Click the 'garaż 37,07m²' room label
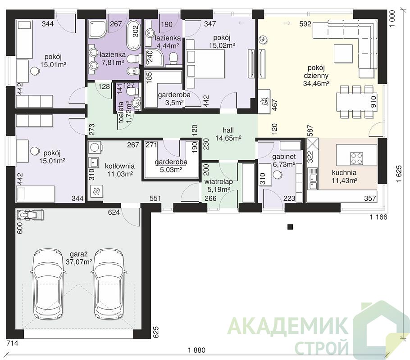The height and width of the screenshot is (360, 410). coord(79,258)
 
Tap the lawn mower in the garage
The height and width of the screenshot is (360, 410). coord(30,215)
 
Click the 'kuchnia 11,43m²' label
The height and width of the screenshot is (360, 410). coord(344,176)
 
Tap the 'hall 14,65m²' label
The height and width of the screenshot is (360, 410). coord(228,134)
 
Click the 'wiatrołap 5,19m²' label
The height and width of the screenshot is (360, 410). coord(219,185)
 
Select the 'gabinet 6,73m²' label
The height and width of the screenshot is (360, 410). coord(284,160)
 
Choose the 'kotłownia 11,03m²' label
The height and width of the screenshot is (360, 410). coord(120,170)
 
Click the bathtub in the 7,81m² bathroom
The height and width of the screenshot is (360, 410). coord(134,36)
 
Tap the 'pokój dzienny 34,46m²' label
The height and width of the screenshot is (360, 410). coord(316,76)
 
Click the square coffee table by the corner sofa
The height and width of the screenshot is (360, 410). coord(343,53)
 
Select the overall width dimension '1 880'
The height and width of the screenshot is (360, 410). coord(196,351)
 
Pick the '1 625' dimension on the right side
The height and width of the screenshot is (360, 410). coord(399,174)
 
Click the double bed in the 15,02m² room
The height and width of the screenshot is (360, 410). coord(205,64)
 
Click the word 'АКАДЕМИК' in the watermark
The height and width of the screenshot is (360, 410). coord(287,325)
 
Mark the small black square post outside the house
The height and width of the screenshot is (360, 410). coord(290,227)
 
